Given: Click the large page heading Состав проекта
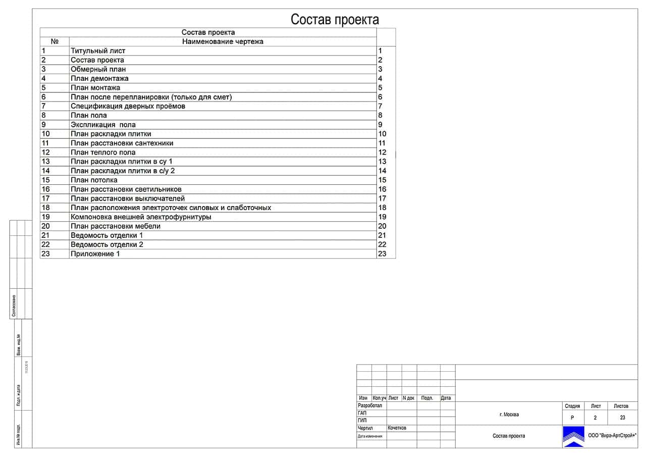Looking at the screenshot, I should [x=335, y=20].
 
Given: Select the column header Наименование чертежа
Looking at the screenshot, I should [x=223, y=41].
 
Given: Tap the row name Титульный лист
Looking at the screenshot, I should [x=98, y=50].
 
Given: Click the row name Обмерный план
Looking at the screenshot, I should [x=98, y=69].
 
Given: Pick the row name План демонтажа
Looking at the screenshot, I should [x=99, y=78].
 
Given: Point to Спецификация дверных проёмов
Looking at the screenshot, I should [x=128, y=106].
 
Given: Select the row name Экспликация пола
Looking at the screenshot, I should [x=103, y=125].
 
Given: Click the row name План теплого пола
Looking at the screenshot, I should [x=103, y=152].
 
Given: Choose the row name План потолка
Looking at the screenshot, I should [x=94, y=180].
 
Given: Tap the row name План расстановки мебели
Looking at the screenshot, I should [x=116, y=226].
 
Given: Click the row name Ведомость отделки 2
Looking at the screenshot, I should [x=107, y=244].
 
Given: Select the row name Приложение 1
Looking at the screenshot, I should [x=95, y=253].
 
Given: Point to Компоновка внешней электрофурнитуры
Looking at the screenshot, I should [x=141, y=217].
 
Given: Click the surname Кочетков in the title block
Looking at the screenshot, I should [x=397, y=428].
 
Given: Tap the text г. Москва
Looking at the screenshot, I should [x=509, y=415].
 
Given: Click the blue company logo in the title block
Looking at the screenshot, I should [x=573, y=436].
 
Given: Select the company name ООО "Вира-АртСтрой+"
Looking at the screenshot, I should [x=612, y=436].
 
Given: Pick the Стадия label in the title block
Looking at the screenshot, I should [x=572, y=406].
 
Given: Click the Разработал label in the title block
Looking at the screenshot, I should [x=370, y=405].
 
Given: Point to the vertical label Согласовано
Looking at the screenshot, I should [x=14, y=306].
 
